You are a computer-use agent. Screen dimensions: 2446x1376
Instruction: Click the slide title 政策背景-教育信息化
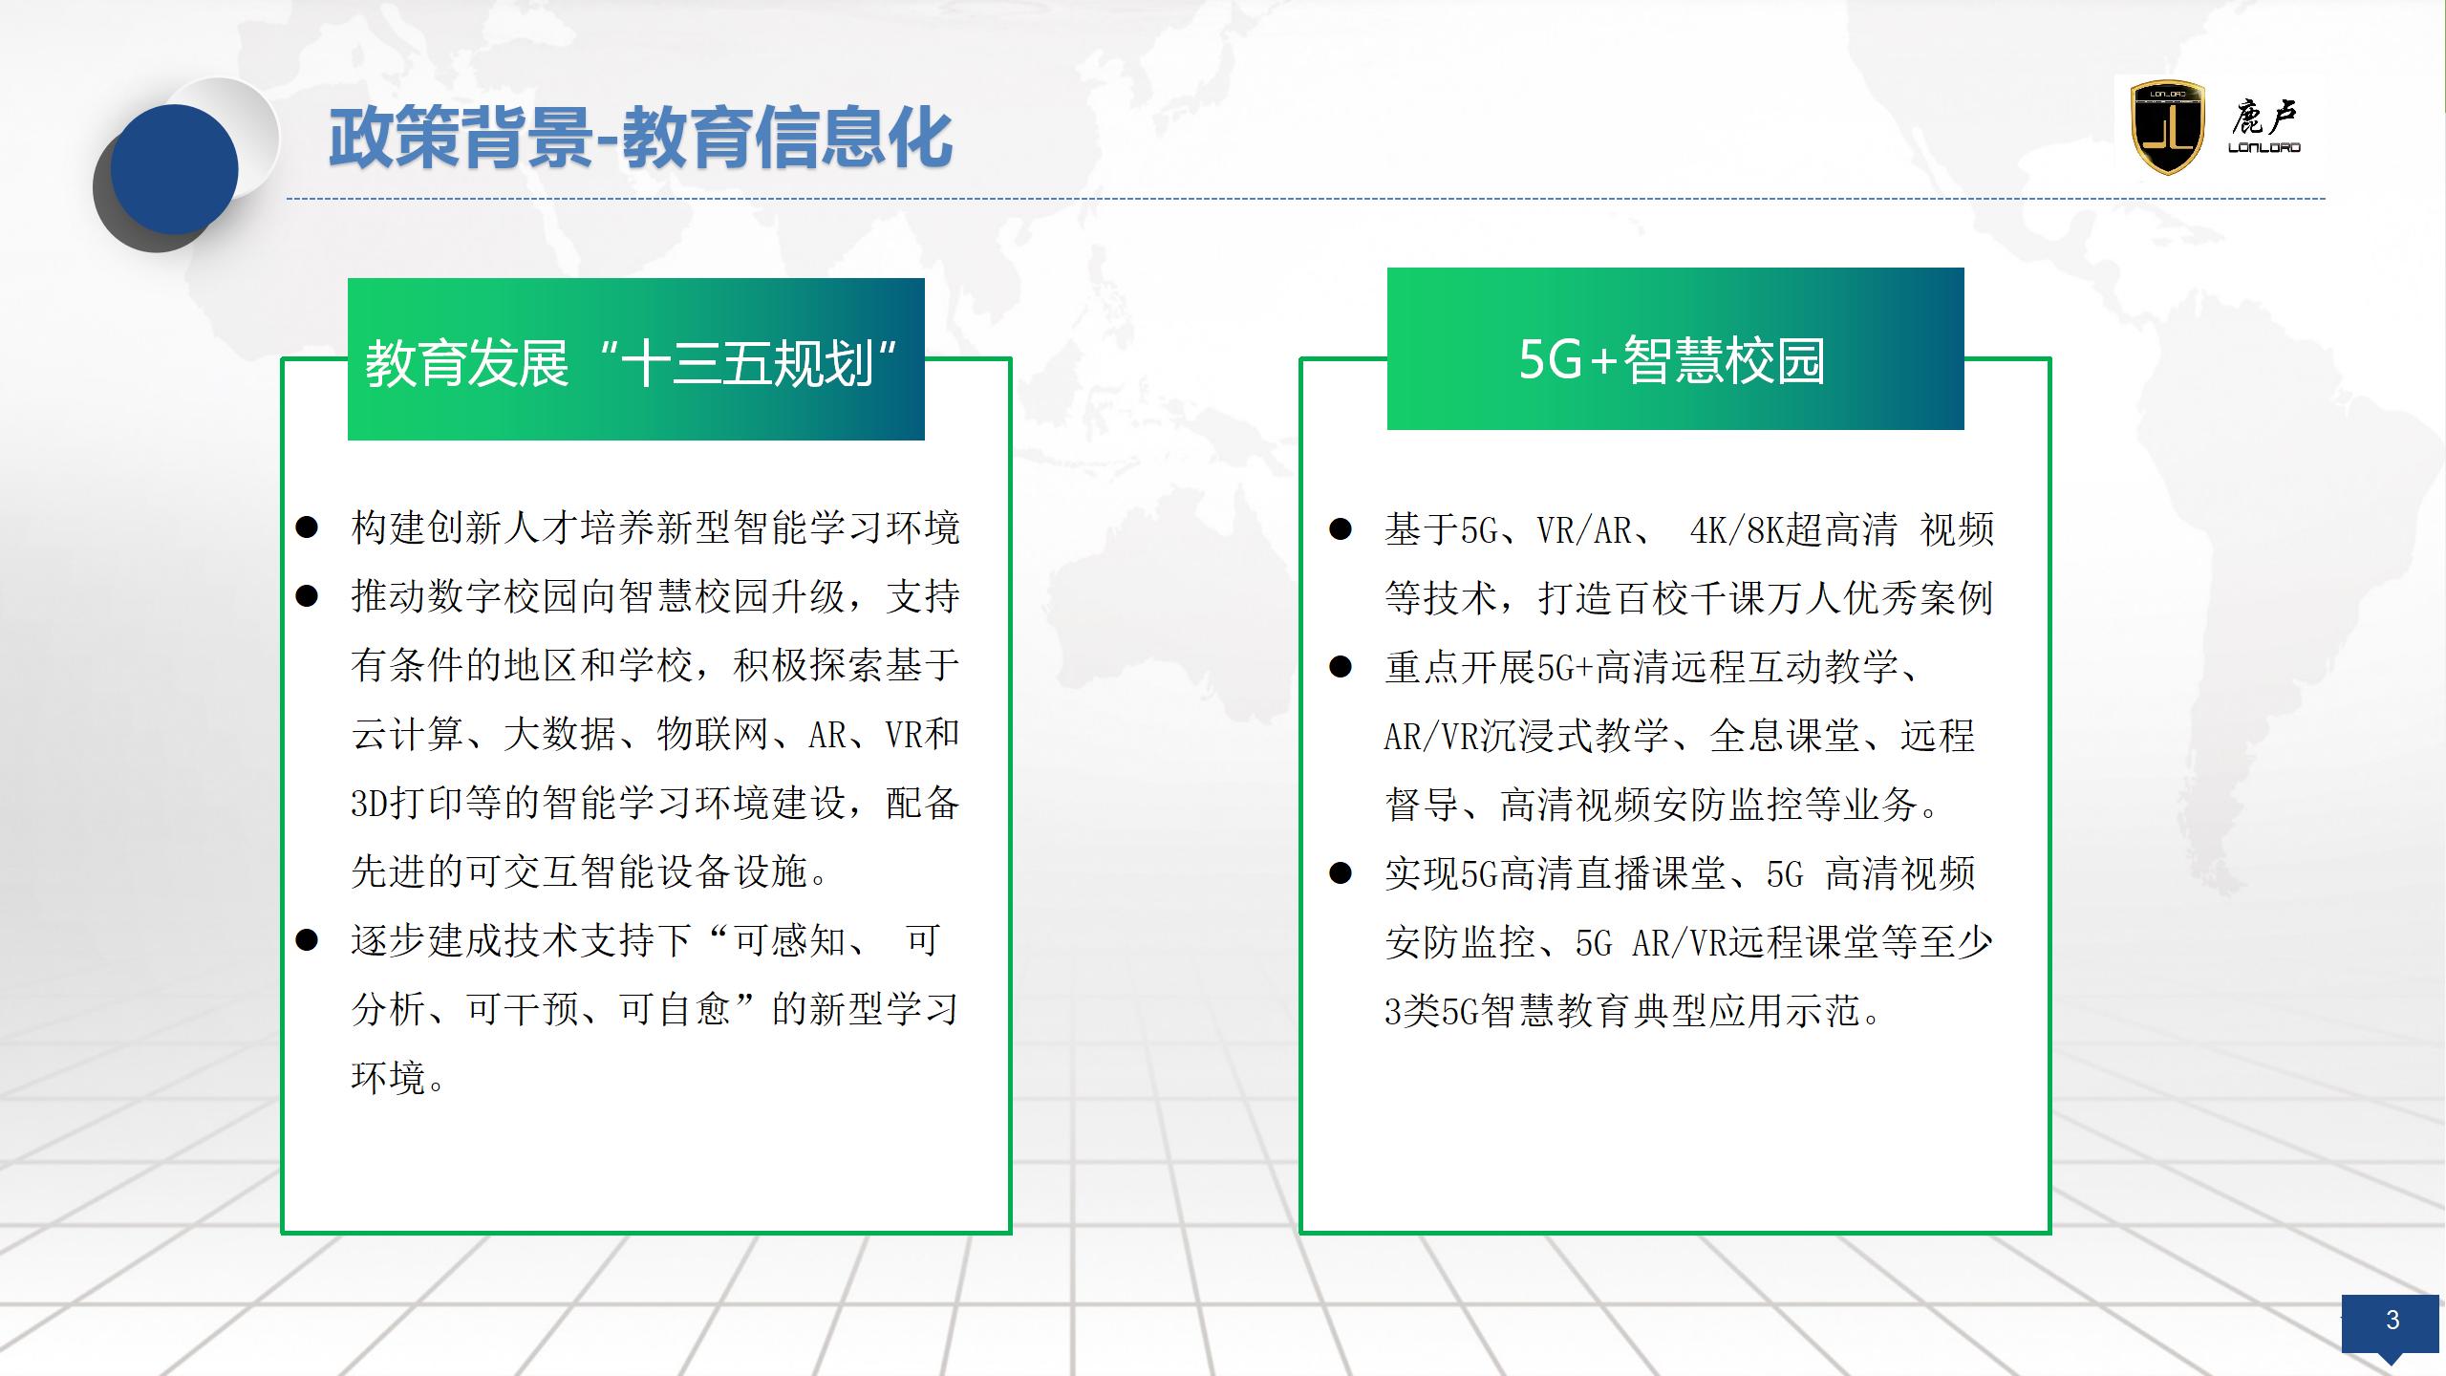[640, 140]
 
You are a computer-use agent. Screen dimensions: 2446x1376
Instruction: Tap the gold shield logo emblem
[2168, 127]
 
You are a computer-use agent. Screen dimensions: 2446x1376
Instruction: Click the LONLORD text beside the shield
[2264, 147]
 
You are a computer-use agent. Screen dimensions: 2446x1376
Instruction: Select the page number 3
[2392, 1320]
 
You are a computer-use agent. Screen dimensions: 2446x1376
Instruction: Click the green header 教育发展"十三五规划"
[636, 359]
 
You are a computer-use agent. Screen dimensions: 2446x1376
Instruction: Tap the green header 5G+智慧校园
[1675, 349]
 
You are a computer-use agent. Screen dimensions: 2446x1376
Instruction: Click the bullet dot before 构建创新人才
[307, 527]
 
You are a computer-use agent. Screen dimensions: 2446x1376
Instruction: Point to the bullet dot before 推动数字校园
[307, 596]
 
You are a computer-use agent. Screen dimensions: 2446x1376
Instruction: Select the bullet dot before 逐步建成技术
[307, 940]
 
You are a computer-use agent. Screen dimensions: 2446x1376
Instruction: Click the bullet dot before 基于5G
[1341, 529]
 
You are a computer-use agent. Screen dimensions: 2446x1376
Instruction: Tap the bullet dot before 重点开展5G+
[1341, 667]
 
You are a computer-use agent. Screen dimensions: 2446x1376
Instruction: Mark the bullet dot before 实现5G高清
[1341, 872]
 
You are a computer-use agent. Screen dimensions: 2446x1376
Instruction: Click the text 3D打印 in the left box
[408, 803]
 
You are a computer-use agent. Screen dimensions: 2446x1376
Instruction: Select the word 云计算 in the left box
[408, 734]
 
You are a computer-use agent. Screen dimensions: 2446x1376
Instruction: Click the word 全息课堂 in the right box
[1784, 736]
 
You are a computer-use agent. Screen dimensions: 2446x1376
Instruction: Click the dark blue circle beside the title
[174, 170]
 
